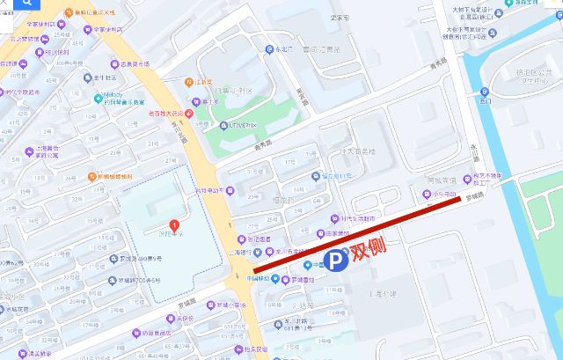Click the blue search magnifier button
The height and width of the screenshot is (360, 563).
point(10,10)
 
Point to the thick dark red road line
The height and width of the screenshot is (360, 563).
point(352,236)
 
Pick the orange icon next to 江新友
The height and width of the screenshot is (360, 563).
point(186,82)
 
